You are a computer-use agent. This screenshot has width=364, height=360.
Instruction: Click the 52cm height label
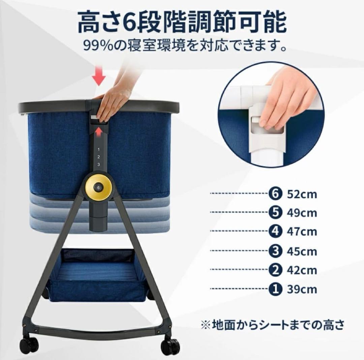(x=302, y=194)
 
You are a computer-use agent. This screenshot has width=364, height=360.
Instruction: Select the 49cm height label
(x=302, y=213)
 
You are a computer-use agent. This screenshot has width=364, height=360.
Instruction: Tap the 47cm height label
(x=302, y=232)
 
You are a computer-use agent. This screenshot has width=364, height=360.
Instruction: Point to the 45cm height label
(x=302, y=251)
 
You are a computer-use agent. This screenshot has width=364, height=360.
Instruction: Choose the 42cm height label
(x=302, y=270)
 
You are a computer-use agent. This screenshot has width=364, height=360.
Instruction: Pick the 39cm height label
(x=302, y=289)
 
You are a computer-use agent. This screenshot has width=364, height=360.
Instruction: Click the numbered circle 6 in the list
(x=274, y=194)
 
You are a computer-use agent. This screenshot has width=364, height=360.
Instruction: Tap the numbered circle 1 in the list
(x=274, y=289)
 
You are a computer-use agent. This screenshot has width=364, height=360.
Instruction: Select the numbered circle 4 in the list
(x=274, y=232)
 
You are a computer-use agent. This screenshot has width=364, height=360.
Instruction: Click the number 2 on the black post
(x=99, y=157)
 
